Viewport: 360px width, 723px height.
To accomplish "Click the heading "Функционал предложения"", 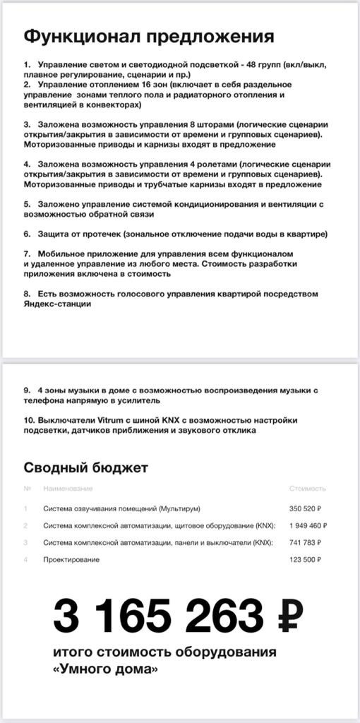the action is coord(148,37).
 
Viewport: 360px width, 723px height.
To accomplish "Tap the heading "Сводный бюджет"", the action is coord(85,467).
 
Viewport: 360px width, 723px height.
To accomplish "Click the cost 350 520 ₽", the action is coord(305,508).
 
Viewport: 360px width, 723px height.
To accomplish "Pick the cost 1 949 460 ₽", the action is coord(308,525).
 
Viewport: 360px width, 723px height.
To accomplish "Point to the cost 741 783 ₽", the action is coord(305,542).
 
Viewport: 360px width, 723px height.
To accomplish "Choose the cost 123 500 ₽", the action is coord(305,559).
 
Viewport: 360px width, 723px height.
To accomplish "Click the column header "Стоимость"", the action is coord(308,489).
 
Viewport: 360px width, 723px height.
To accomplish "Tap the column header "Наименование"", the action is coord(68,489).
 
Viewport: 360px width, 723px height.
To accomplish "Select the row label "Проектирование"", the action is coord(71,559).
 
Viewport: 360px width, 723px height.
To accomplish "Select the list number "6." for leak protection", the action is coord(27,234).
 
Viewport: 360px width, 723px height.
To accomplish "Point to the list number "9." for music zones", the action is coord(27,390).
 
